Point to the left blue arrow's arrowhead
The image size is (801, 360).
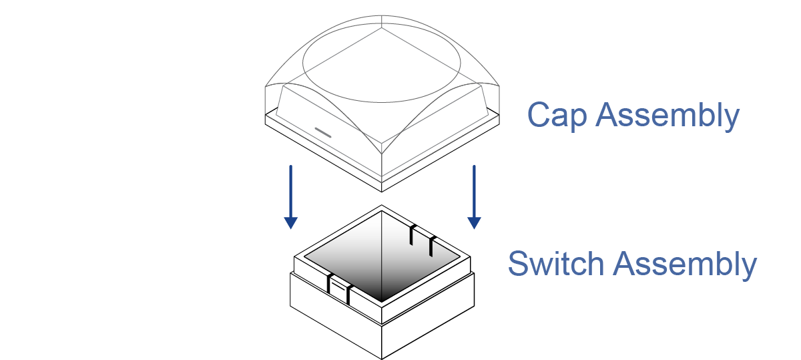290,222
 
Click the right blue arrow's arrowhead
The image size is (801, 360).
474,222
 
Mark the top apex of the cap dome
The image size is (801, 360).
382,14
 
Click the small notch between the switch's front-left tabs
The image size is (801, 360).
339,289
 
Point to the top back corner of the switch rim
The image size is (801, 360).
382,206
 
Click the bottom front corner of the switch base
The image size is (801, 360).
382,358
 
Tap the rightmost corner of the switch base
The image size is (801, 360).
475,274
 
